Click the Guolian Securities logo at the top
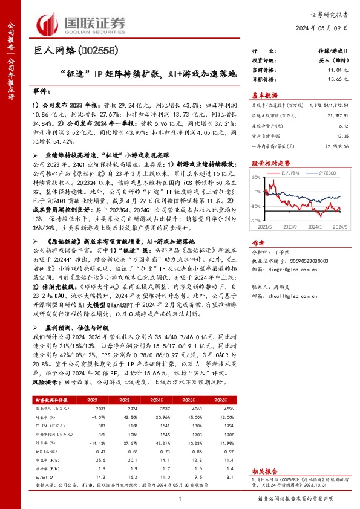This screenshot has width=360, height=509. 82,23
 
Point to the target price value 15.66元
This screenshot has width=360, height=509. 335,79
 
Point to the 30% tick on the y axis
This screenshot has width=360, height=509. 255,177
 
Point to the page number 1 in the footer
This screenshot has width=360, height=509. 180,498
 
